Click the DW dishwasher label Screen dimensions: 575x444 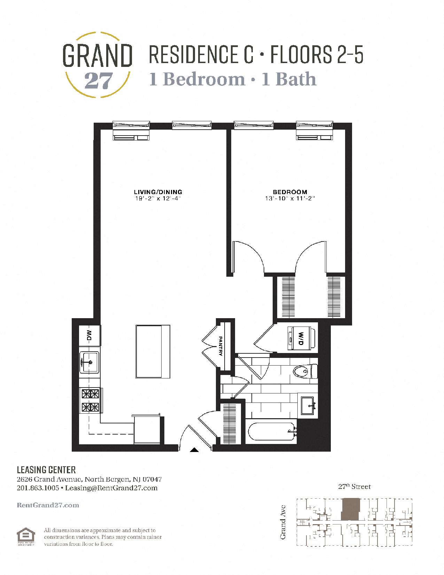(x=89, y=335)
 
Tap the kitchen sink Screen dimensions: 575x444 (x=89, y=362)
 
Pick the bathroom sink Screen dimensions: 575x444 (x=308, y=405)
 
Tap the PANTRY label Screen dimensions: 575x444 (x=220, y=346)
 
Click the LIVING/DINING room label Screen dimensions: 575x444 (x=158, y=192)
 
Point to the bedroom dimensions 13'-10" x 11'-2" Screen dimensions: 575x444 (x=290, y=198)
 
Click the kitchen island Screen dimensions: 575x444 (x=153, y=351)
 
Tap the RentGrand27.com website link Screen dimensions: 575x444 (x=48, y=505)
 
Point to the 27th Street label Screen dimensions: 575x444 (x=354, y=486)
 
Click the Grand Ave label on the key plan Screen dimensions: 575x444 (x=283, y=522)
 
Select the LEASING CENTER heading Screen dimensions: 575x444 (x=46, y=470)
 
